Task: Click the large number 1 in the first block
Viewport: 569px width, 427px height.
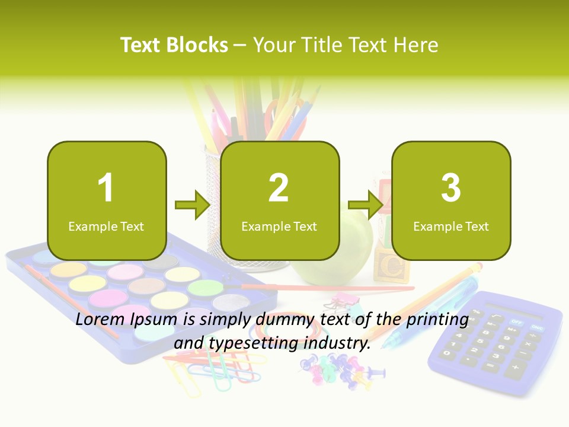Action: (106, 188)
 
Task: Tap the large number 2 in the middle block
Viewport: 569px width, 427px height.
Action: (279, 188)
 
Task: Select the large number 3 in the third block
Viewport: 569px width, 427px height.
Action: (451, 188)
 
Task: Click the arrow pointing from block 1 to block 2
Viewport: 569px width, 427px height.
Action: (193, 205)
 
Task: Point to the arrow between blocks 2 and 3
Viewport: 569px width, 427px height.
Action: (365, 205)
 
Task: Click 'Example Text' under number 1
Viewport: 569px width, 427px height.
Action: (106, 227)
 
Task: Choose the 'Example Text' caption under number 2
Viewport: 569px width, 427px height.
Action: (279, 227)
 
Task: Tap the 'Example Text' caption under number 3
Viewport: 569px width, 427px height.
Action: (451, 227)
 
